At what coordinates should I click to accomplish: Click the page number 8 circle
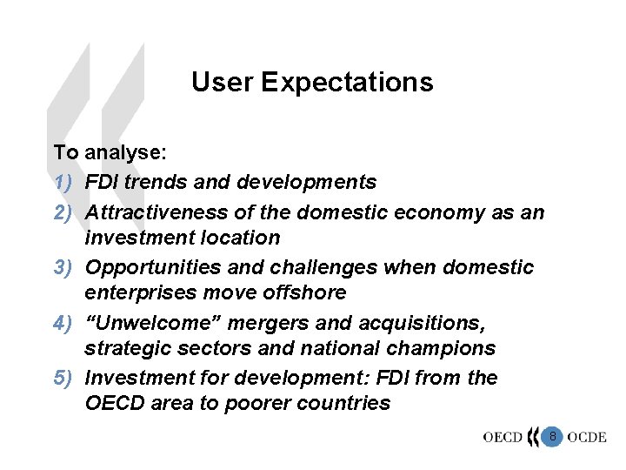[551, 434]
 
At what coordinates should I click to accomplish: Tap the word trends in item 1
[151, 182]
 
